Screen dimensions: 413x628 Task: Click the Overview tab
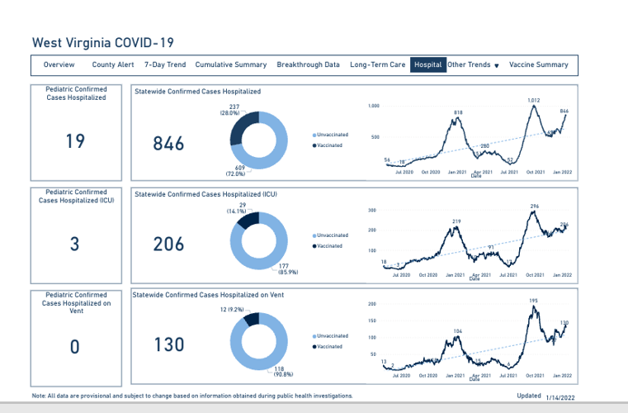pos(59,64)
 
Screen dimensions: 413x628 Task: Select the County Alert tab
pos(113,64)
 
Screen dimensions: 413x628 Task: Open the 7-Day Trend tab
pos(165,64)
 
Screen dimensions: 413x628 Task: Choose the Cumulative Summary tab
pos(231,64)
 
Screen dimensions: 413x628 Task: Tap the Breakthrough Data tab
pos(308,64)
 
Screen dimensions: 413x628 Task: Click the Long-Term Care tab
pos(378,64)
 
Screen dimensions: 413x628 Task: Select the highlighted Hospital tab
pos(428,64)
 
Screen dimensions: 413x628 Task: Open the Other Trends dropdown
pos(474,64)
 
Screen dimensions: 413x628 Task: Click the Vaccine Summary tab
pos(539,64)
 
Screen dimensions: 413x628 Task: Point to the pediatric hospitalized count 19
pos(75,141)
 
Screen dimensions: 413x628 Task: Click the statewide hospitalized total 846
pos(169,144)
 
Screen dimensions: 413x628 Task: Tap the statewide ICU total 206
pos(169,244)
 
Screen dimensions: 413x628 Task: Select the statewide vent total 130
pos(169,344)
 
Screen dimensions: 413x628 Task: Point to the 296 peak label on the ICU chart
pos(535,206)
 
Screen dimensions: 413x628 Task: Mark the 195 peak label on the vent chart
pos(533,301)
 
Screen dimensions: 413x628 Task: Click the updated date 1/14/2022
pos(560,397)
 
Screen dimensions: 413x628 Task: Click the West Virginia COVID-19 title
pos(102,42)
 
